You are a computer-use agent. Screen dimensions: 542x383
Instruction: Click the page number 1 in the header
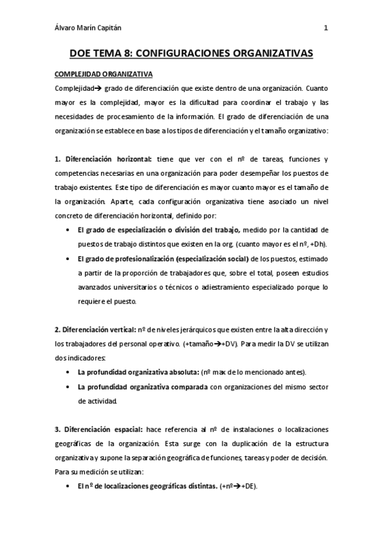(x=326, y=27)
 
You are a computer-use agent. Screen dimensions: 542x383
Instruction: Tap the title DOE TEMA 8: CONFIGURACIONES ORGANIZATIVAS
(x=191, y=54)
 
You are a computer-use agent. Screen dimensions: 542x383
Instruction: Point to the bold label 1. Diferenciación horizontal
(x=103, y=159)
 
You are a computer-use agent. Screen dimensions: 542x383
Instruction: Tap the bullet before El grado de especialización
(x=68, y=229)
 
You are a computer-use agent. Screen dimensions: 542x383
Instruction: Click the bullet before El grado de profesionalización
(x=68, y=258)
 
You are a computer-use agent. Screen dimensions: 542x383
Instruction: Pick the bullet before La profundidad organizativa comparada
(x=68, y=387)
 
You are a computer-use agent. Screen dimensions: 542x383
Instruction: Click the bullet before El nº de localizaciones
(x=68, y=486)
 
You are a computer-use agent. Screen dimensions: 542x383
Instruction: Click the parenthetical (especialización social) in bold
(x=196, y=258)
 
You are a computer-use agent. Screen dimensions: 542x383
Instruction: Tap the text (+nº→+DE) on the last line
(x=237, y=486)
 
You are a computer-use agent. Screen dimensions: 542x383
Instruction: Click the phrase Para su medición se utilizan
(x=99, y=472)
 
